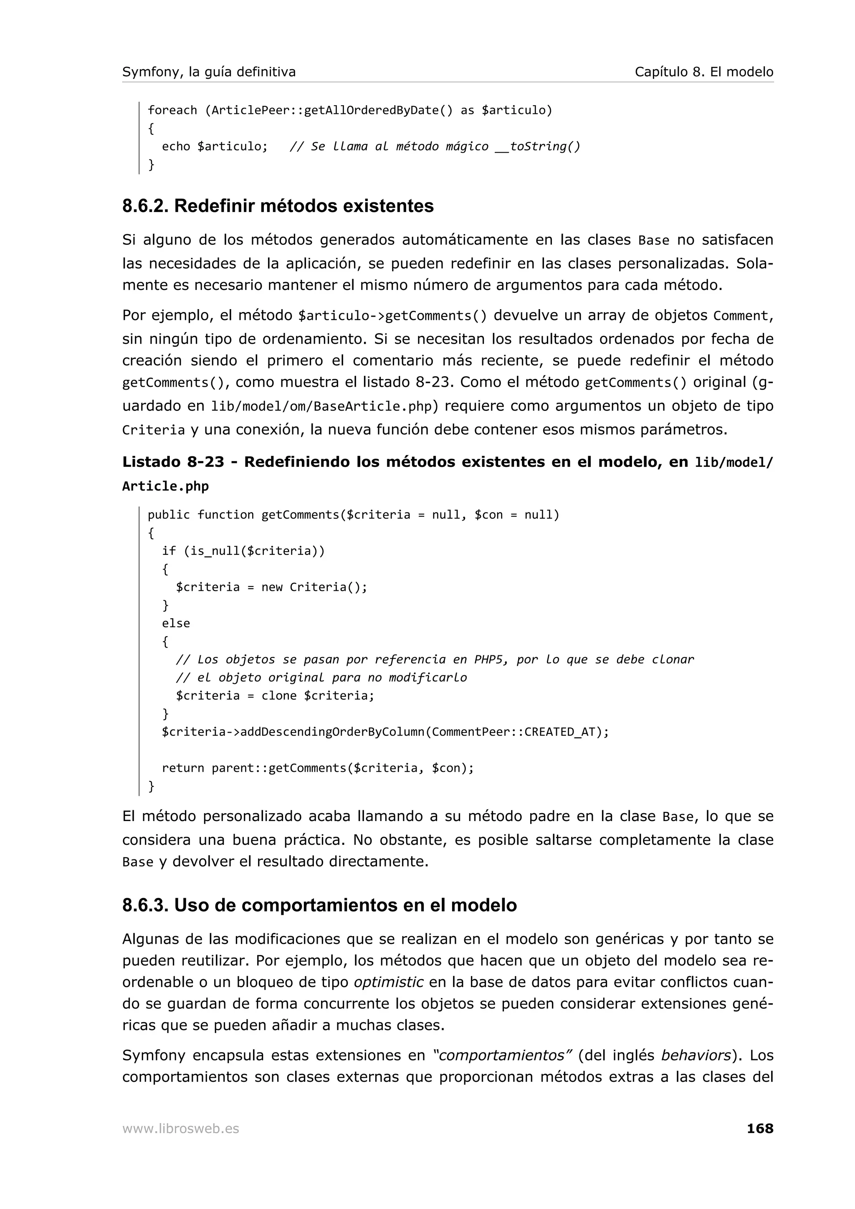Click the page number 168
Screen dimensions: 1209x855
[x=760, y=1128]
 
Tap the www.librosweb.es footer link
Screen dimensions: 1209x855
[x=181, y=1128]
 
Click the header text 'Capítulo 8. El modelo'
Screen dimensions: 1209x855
[x=703, y=72]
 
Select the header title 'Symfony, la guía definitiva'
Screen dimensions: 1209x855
[x=209, y=72]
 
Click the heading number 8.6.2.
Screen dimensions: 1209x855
[x=145, y=206]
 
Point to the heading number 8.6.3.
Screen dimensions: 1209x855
[x=145, y=905]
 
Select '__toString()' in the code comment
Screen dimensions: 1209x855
[x=537, y=146]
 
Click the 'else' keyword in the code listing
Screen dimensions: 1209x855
[x=175, y=623]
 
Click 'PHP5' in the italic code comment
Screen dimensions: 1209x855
[x=488, y=659]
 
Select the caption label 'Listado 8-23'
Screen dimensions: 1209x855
[x=173, y=462]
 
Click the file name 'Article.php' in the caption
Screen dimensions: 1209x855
[x=165, y=486]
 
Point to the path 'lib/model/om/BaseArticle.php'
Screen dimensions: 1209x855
[x=321, y=406]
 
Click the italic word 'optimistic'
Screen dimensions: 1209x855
[x=388, y=982]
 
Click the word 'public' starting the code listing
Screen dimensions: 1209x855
[x=168, y=514]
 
